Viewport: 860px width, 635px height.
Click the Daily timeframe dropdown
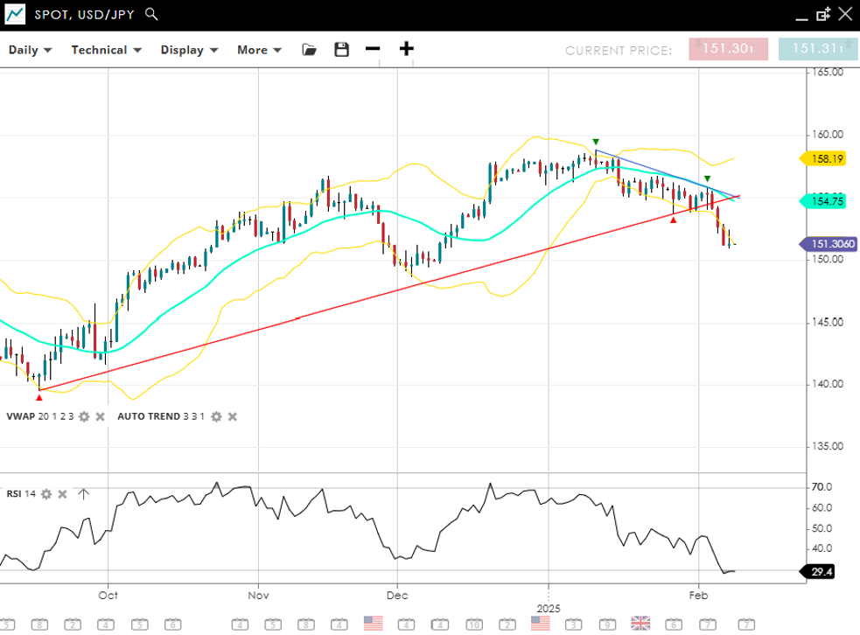(x=31, y=50)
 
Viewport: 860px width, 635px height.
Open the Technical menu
(x=106, y=50)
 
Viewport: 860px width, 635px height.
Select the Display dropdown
(x=188, y=50)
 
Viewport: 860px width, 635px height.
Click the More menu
(x=259, y=50)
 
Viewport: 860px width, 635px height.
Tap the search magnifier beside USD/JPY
(x=151, y=14)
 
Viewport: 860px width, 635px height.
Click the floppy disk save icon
(x=341, y=50)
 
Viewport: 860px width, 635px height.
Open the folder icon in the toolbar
(x=309, y=50)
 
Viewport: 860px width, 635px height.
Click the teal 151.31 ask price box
(x=818, y=49)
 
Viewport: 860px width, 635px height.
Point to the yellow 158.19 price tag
(x=827, y=159)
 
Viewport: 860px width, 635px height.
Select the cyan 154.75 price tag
(x=827, y=201)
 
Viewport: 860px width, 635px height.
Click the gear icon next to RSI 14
(x=46, y=494)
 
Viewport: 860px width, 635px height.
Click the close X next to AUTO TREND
(x=233, y=416)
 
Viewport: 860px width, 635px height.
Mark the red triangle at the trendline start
(x=38, y=397)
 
